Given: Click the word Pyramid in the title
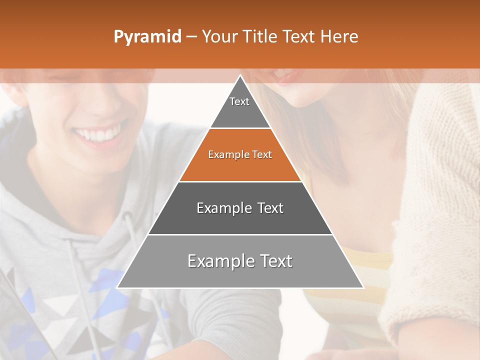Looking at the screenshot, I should click(x=147, y=37).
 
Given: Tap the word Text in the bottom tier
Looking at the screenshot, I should click(x=273, y=261).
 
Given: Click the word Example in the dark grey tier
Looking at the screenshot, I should click(x=218, y=208).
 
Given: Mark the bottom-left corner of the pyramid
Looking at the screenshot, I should click(x=117, y=287).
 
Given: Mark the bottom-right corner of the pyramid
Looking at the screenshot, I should click(x=363, y=287).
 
